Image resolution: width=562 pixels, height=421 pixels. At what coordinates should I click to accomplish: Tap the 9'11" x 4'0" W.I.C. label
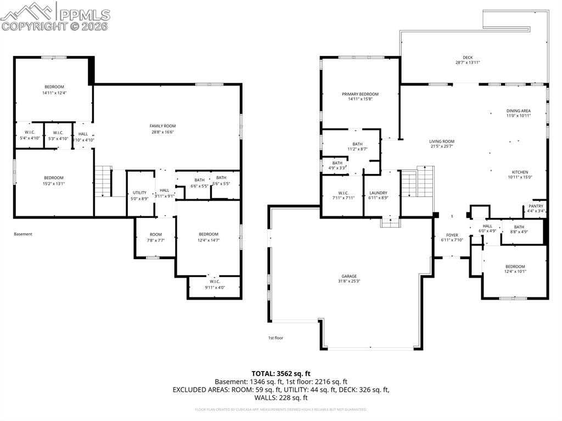point(214,284)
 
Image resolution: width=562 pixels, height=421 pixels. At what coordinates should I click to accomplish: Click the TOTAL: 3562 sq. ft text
point(280,373)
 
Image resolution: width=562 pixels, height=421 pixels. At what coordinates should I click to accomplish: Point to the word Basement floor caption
point(23,234)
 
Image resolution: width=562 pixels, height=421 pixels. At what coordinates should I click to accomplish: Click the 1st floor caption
point(276,338)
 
